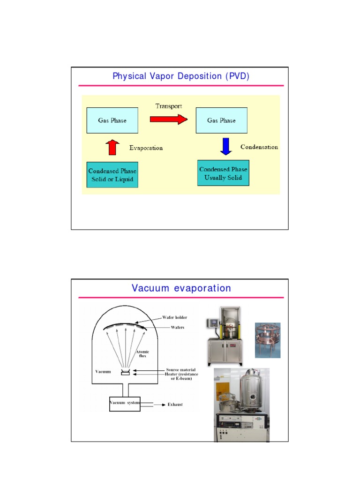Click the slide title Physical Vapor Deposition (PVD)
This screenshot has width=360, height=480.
pos(180,76)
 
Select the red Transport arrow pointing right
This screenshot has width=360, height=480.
pos(168,120)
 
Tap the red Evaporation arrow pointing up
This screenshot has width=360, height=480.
pos(112,147)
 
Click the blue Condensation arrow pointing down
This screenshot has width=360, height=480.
pos(226,146)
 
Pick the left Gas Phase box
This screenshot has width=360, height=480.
pos(112,120)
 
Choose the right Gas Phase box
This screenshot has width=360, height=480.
pos(221,120)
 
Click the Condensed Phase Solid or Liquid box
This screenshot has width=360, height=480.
pos(112,174)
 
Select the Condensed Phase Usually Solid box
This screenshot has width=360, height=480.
pos(223,172)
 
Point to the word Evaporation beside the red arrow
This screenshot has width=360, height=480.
pos(146,148)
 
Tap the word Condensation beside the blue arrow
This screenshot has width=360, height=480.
pos(259,147)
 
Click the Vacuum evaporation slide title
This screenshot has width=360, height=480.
pos(181,288)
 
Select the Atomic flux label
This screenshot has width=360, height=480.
pos(142,354)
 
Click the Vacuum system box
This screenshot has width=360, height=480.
pos(125,403)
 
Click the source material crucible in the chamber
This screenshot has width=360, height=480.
pos(125,373)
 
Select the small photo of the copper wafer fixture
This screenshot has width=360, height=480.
pos(267,340)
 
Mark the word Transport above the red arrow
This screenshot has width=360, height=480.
pos(169,106)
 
